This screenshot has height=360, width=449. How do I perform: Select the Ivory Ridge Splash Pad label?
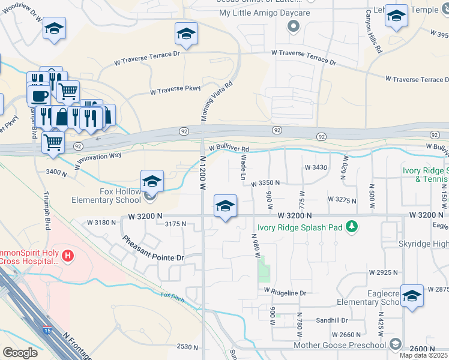click(x=301, y=227)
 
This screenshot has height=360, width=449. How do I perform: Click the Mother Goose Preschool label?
click(x=339, y=344)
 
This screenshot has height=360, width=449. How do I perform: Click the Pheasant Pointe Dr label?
click(x=152, y=248)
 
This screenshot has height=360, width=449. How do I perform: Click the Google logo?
click(x=20, y=353)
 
